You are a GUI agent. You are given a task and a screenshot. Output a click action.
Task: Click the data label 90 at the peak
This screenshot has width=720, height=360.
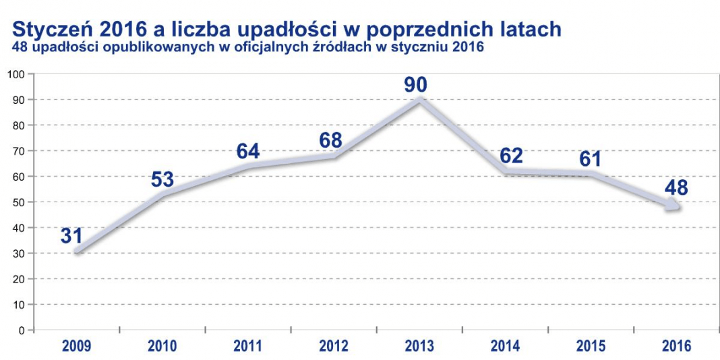(415, 84)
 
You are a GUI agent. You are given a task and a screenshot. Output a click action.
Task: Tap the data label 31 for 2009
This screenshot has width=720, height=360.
(71, 236)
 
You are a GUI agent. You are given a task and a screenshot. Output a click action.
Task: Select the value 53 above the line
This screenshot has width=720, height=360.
(162, 179)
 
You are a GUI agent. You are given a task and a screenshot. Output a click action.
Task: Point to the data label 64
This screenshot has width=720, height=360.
(248, 151)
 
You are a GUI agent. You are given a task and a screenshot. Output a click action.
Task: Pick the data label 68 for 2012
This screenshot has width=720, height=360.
(331, 140)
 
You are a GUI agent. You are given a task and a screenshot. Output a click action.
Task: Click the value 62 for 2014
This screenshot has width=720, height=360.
(510, 156)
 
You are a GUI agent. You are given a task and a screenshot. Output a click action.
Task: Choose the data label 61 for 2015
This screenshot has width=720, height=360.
(590, 159)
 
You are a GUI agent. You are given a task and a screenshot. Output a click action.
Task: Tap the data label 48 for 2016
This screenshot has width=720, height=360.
(676, 188)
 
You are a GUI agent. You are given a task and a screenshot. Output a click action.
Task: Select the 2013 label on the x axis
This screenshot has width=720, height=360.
(419, 345)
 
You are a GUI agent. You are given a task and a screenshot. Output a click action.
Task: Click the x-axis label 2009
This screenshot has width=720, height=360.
(76, 345)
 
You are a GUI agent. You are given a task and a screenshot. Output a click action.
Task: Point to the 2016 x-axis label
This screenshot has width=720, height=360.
(676, 345)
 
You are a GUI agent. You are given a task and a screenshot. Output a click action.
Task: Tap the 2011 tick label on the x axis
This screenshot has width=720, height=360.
(248, 345)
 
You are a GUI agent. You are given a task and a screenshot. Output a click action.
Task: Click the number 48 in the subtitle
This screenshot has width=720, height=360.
(21, 48)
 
